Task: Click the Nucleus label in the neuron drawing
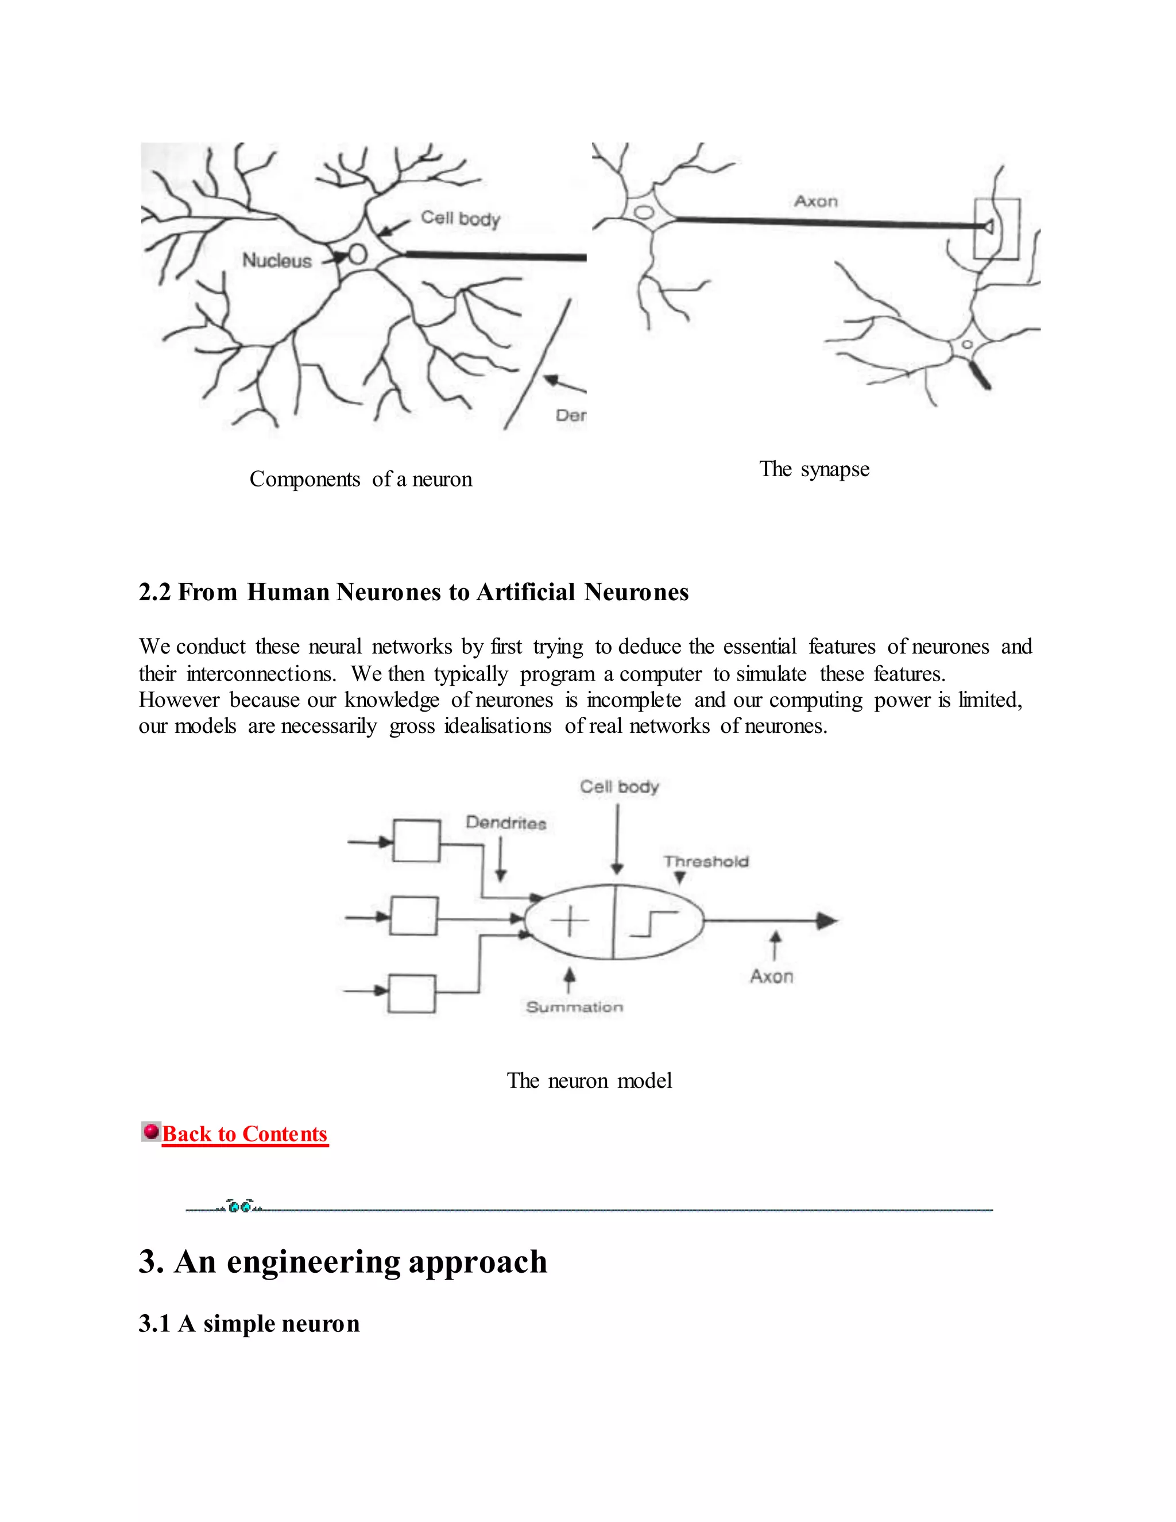[x=277, y=261]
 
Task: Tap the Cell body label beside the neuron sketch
[x=461, y=218]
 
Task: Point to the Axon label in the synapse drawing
[x=816, y=202]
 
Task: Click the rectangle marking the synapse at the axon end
[x=996, y=229]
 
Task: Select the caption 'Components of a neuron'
[x=361, y=480]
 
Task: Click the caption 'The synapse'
[x=814, y=469]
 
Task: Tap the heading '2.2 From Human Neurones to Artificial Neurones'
[x=413, y=592]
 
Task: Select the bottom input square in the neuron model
[x=412, y=994]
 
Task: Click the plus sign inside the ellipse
[x=569, y=921]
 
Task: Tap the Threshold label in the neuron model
[x=706, y=862]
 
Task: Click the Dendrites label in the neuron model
[x=506, y=823]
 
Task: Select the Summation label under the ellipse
[x=574, y=1007]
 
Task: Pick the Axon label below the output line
[x=771, y=976]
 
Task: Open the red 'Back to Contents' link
[x=245, y=1134]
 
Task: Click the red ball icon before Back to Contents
[x=150, y=1130]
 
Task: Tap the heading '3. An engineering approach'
[x=343, y=1262]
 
